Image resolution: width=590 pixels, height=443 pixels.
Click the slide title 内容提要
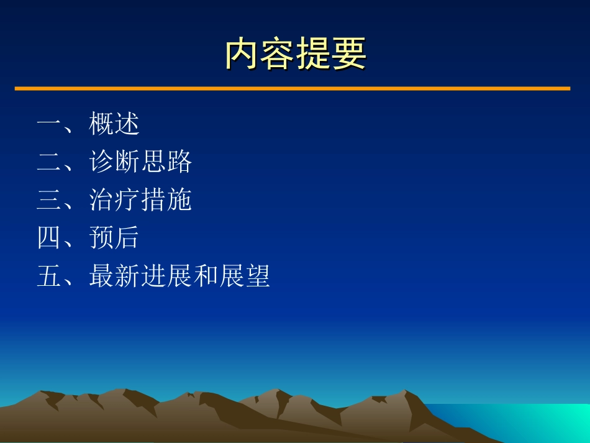295,54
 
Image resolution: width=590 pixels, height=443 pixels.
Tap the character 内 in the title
241,54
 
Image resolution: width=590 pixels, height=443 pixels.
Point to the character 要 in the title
349,54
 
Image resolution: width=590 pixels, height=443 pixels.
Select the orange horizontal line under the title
292,89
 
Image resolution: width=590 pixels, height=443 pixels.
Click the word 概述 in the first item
114,124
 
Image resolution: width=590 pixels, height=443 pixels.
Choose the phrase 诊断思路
140,162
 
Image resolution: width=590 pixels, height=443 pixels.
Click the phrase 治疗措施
140,200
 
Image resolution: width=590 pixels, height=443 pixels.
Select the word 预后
114,238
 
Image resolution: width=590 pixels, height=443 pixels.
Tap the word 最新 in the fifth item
114,276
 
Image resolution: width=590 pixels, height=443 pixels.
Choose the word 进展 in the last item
166,276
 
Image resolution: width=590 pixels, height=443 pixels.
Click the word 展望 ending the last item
245,276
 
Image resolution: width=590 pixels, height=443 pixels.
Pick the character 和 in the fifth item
206,276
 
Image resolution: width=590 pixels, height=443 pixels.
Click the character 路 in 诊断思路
179,162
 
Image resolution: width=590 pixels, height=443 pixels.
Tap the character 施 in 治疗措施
179,200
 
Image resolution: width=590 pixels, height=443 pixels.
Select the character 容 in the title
277,54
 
